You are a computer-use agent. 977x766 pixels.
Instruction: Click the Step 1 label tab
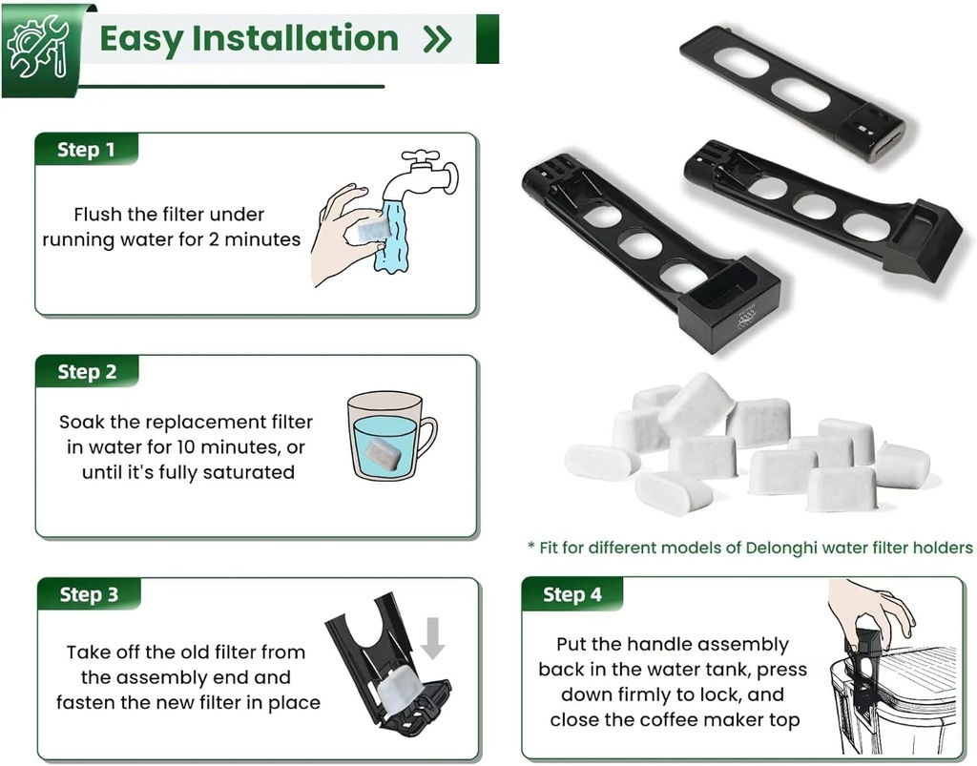(86, 150)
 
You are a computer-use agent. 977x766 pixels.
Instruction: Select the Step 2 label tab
(86, 372)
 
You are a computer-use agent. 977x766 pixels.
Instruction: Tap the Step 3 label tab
(89, 594)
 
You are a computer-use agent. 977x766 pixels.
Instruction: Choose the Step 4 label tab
(572, 594)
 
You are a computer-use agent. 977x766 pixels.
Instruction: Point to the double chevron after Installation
(437, 40)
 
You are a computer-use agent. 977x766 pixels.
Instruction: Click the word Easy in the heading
(141, 39)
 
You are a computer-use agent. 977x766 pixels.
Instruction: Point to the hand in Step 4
(872, 608)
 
